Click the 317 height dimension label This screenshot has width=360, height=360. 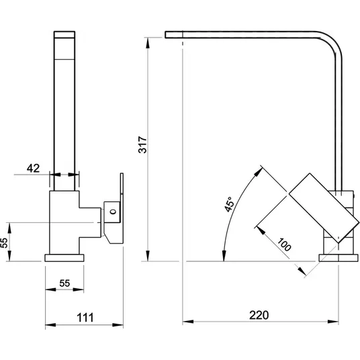(x=142, y=144)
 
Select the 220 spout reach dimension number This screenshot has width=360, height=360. (x=259, y=315)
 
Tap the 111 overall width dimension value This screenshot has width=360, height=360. (x=85, y=318)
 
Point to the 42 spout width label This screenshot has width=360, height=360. (x=33, y=169)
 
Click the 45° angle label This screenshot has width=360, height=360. (x=229, y=204)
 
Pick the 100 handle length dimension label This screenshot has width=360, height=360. (x=284, y=244)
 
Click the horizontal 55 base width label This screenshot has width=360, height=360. (x=64, y=283)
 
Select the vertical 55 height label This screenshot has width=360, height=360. (x=4, y=242)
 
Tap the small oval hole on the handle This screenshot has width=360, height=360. (x=113, y=211)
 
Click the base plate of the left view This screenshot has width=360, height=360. (x=64, y=258)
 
